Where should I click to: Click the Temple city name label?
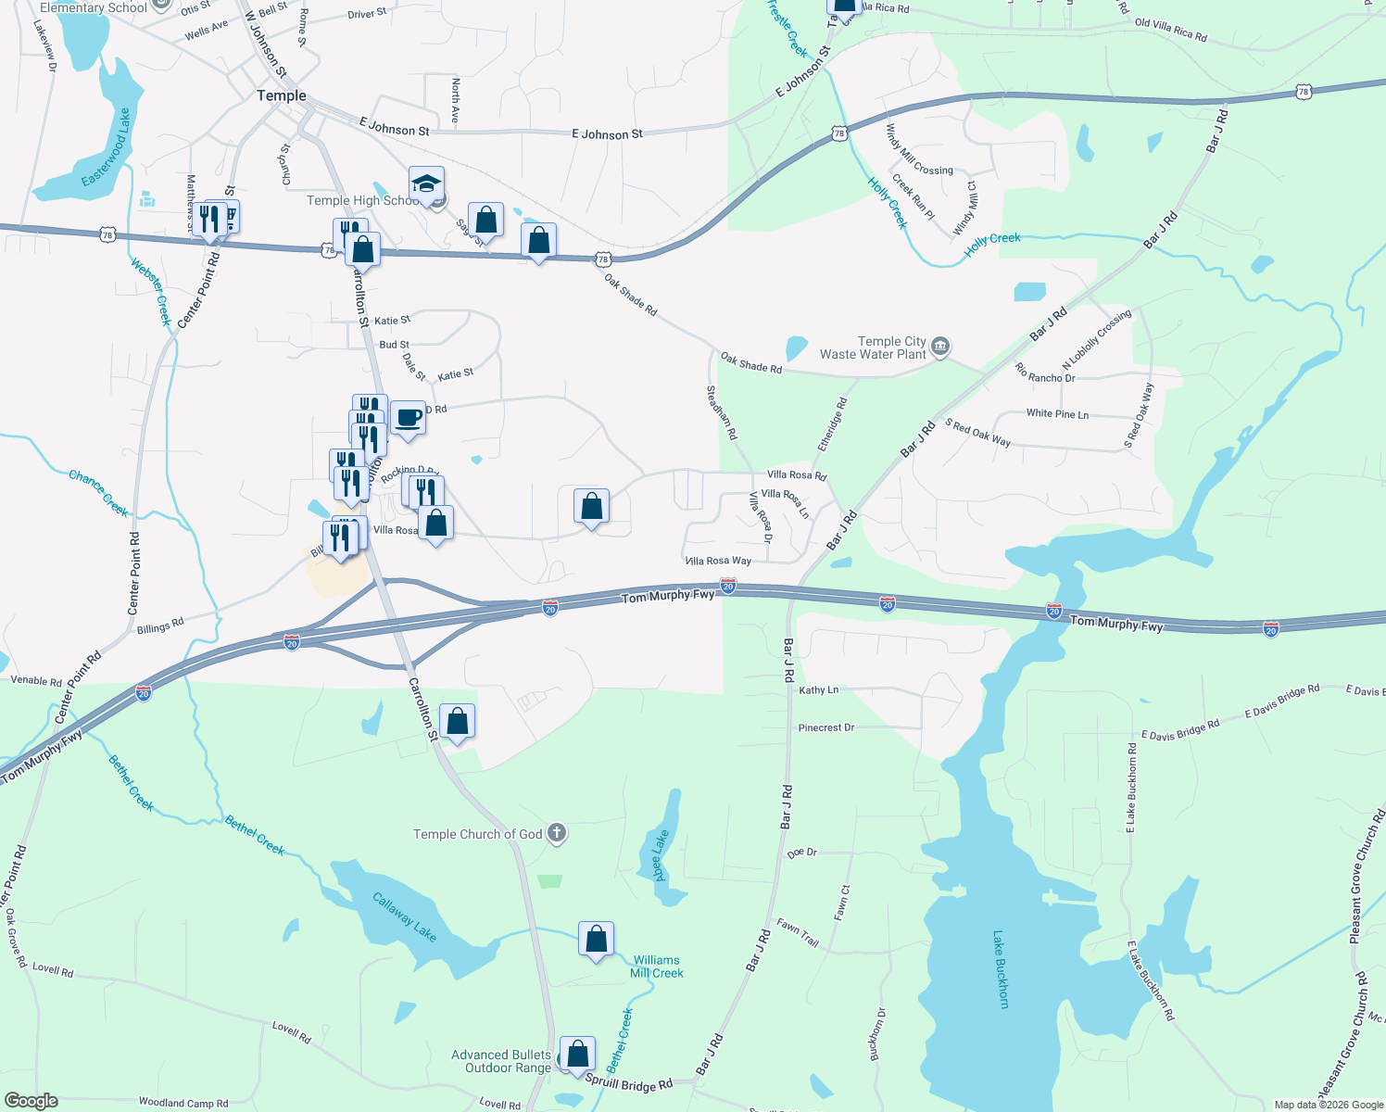tap(281, 95)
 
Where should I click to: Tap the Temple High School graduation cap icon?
tap(426, 184)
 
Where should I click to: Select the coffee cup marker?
tap(408, 418)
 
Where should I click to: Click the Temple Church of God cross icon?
tap(557, 833)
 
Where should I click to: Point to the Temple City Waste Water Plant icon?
tap(940, 347)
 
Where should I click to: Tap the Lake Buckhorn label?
tap(1001, 969)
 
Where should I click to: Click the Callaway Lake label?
tap(404, 916)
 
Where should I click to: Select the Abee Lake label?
tap(660, 855)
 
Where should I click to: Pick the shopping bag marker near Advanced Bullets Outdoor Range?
tap(577, 1055)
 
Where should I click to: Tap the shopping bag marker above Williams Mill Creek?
tap(597, 940)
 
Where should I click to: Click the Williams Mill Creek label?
tap(657, 967)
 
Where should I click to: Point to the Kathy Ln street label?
tap(818, 690)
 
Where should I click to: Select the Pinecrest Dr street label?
tap(826, 727)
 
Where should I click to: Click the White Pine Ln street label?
tap(1057, 413)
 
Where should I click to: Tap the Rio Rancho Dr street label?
tap(1045, 373)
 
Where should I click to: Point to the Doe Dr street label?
tap(801, 853)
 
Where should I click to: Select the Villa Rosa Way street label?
tap(718, 561)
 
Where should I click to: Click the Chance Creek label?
tap(98, 492)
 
